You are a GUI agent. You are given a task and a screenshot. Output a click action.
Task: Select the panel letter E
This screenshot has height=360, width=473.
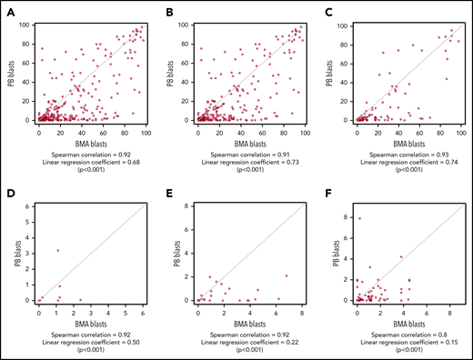tap(170, 195)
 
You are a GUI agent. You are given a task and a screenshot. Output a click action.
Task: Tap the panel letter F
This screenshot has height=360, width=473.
tap(327, 195)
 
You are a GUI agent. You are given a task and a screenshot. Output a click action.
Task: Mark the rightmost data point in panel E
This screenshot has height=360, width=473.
tap(286, 275)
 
